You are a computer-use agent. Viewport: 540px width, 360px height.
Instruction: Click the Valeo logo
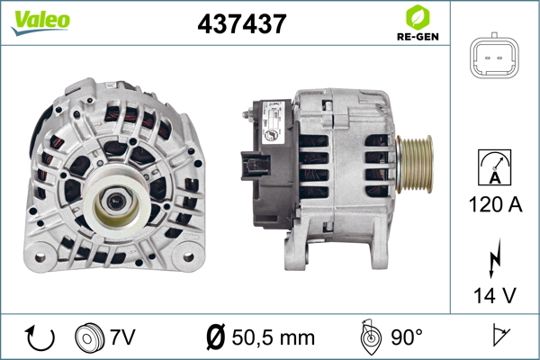coord(40,22)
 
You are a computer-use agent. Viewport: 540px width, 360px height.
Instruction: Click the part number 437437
coord(242,23)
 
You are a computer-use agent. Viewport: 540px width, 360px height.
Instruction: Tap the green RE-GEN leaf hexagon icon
coord(418,17)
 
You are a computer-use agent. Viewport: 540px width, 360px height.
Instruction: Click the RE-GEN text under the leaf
coord(418,37)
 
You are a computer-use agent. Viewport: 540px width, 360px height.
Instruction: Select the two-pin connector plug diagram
coord(494,56)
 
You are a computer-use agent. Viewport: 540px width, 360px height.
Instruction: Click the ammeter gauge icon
coord(494,167)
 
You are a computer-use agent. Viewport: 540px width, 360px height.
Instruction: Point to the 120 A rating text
coord(495,204)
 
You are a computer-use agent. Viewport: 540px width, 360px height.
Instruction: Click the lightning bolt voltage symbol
coord(494,258)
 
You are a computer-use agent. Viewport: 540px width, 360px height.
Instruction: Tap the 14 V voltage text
coord(494,295)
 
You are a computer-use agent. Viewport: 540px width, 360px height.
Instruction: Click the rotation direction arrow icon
coord(40,337)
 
